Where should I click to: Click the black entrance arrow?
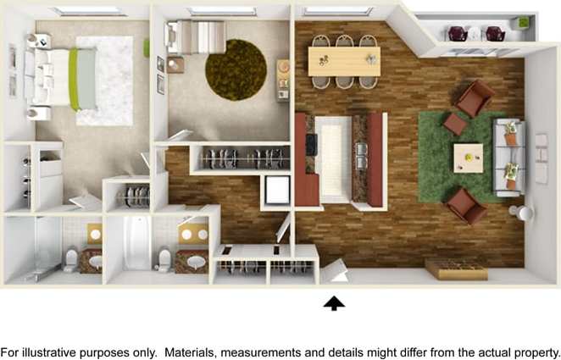(x=335, y=302)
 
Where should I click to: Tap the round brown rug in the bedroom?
(x=236, y=69)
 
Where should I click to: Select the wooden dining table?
(x=344, y=60)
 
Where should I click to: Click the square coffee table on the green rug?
(x=468, y=157)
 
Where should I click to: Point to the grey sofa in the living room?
(x=511, y=158)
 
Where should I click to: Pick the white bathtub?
(x=136, y=243)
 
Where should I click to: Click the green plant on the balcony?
(x=523, y=22)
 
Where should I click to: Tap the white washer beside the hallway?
(x=277, y=190)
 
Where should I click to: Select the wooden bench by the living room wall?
(x=456, y=270)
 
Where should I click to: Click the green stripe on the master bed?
(x=75, y=79)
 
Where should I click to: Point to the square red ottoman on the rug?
(x=455, y=125)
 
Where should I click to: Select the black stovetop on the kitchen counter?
(x=311, y=144)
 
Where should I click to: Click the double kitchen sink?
(x=362, y=156)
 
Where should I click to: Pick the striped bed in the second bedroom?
(x=199, y=36)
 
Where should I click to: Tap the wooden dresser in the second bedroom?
(x=284, y=80)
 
